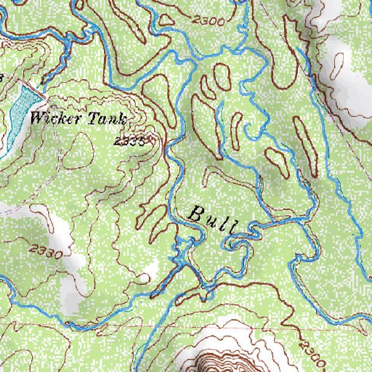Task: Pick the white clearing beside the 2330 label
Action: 54,225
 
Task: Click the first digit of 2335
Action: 118,141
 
